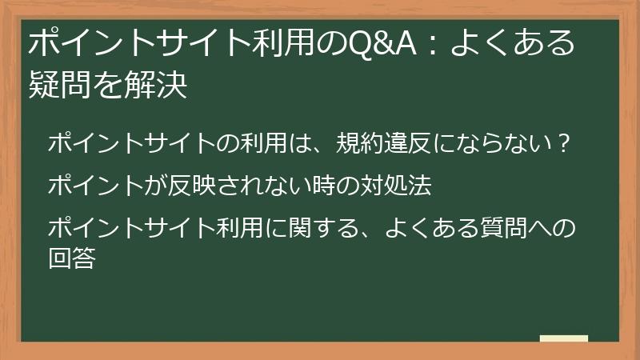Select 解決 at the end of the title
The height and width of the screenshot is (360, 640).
[160, 86]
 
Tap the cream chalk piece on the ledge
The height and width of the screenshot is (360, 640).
[563, 338]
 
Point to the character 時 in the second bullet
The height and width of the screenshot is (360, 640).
[325, 186]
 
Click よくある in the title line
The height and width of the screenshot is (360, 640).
[512, 46]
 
